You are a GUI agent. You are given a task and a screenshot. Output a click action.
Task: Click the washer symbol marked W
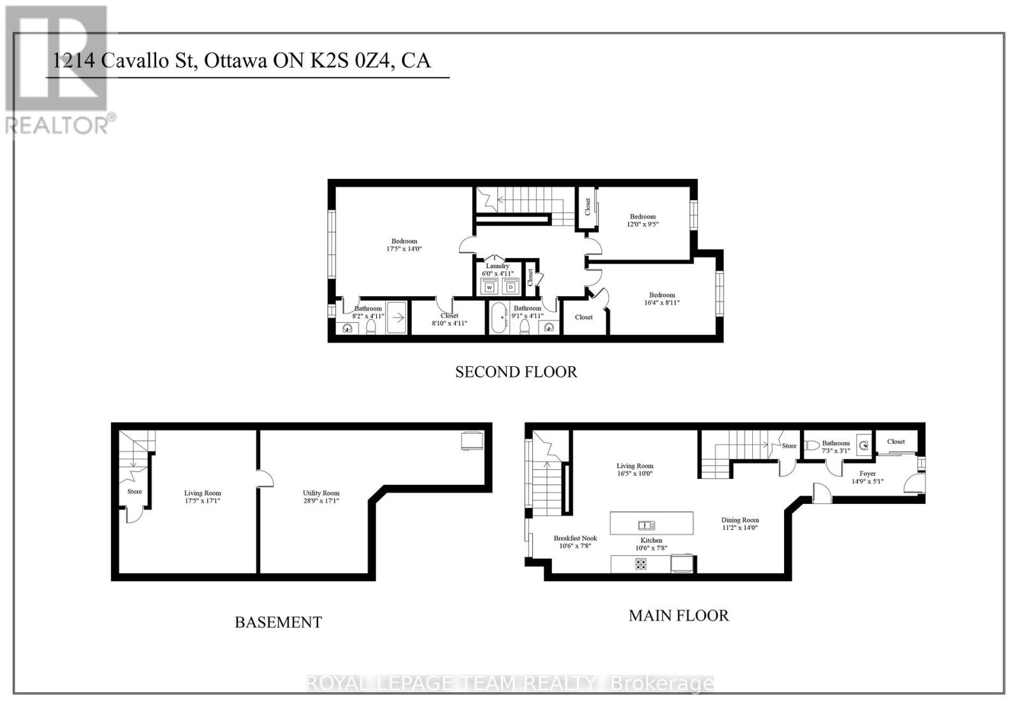pos(490,287)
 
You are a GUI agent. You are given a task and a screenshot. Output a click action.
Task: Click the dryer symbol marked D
pos(510,287)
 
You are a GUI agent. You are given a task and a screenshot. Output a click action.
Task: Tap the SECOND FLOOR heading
pos(516,372)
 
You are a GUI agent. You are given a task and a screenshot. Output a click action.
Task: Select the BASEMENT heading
pos(278,622)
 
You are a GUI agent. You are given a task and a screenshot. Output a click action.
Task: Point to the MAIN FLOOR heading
pos(678,615)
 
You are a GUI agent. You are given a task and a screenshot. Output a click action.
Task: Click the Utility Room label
pos(321,493)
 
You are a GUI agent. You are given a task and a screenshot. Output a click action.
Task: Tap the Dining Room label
pos(740,520)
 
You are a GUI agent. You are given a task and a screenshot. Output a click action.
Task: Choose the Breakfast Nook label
pos(575,538)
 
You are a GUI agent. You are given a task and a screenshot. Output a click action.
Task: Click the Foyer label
pos(867,473)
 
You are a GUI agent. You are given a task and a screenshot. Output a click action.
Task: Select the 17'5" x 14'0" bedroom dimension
pos(404,249)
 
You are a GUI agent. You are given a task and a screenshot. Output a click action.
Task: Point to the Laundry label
pos(497,266)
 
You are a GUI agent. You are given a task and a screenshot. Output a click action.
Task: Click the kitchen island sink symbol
pos(646,525)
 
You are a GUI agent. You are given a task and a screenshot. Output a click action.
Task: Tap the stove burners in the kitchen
pos(641,564)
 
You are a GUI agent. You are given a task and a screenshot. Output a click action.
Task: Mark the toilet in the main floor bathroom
pos(811,445)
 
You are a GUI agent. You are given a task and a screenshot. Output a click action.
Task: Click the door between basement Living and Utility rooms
pos(265,479)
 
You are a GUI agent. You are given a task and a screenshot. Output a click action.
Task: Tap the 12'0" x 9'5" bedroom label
pos(643,220)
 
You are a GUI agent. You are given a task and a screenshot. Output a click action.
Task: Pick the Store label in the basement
pos(134,491)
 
